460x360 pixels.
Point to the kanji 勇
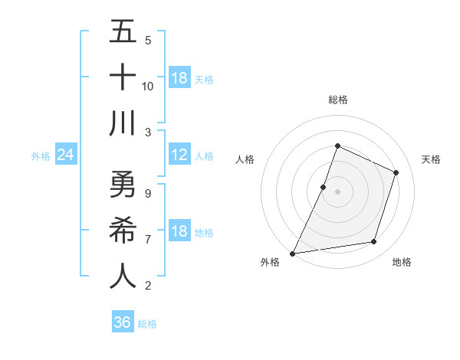(x=123, y=184)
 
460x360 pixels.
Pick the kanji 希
(x=123, y=230)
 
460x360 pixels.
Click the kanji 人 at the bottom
(x=123, y=276)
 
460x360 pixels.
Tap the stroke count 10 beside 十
(x=148, y=86)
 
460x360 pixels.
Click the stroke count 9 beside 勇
(x=148, y=193)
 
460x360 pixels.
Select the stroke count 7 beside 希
(x=148, y=239)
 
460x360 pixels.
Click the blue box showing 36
(x=123, y=322)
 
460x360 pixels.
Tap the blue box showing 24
(x=65, y=155)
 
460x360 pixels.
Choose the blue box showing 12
(x=179, y=155)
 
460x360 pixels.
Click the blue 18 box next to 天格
(x=179, y=78)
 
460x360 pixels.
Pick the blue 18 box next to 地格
(x=179, y=232)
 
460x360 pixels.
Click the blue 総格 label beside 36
(x=147, y=324)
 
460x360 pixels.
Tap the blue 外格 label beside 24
(x=41, y=156)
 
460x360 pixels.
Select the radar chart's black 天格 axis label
(x=431, y=159)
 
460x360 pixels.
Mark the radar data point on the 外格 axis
(x=292, y=253)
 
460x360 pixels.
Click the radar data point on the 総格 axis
(x=337, y=146)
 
